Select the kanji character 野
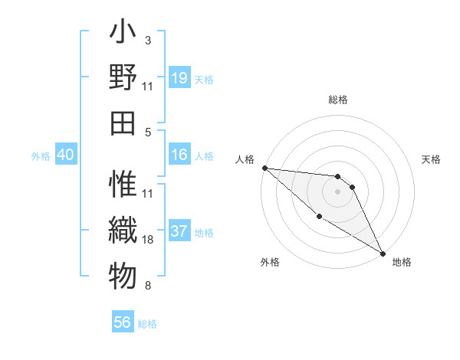123,77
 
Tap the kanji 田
123,122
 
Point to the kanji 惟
123,185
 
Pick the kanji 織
123,229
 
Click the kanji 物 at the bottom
123,275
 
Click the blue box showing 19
179,78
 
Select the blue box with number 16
179,155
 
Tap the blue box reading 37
179,231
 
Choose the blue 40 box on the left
65,155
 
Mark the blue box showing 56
123,322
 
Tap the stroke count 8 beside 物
147,286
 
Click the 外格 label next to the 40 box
41,156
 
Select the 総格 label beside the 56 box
147,324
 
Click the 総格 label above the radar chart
337,100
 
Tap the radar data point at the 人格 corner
264,168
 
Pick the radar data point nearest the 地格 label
382,252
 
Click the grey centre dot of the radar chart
337,191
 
